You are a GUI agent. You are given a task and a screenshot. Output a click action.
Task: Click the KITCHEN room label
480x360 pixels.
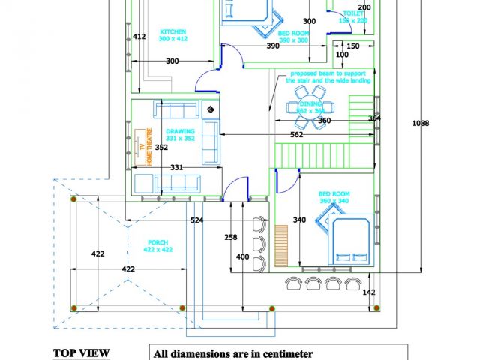(172, 31)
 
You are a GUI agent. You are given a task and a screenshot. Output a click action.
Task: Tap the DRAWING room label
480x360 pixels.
(180, 131)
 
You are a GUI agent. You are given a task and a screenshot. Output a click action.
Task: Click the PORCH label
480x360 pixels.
(157, 242)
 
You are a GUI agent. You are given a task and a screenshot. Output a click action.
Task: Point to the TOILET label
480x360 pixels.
(354, 13)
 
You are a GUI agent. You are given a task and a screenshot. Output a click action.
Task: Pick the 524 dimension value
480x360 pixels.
(197, 220)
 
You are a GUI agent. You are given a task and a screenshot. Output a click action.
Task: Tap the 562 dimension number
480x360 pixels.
(296, 135)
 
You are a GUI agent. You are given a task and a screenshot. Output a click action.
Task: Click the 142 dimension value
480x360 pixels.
(368, 292)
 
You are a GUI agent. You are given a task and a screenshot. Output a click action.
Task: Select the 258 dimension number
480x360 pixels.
(231, 237)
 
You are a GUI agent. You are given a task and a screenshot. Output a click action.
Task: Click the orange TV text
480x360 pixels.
(139, 147)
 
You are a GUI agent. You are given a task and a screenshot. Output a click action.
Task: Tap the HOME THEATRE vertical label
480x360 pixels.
(148, 147)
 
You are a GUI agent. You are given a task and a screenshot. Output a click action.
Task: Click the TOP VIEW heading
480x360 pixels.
(81, 352)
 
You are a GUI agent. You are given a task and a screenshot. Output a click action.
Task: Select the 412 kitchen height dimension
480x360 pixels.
(139, 36)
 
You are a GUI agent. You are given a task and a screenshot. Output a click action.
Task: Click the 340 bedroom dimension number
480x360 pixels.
(299, 220)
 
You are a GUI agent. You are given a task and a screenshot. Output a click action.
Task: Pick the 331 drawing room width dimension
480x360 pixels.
(177, 166)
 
